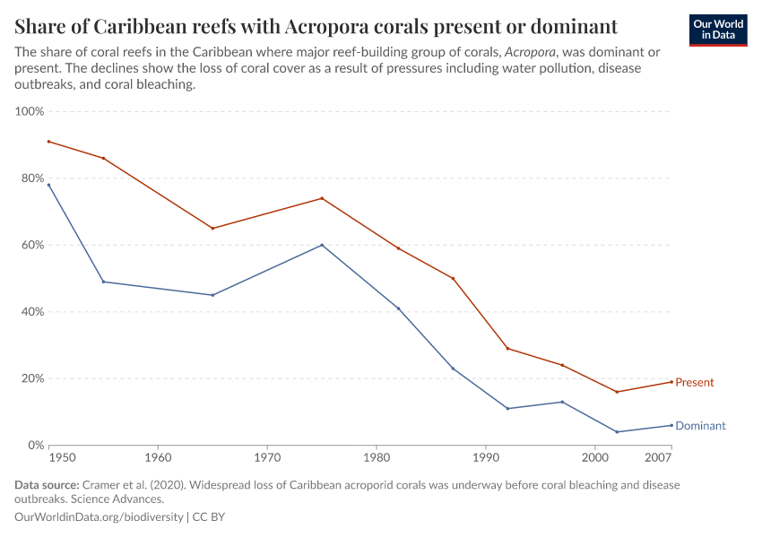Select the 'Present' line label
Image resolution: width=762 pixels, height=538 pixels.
click(x=694, y=383)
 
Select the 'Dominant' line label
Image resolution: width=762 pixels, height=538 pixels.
click(x=700, y=426)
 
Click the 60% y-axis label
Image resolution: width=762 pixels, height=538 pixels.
click(x=32, y=245)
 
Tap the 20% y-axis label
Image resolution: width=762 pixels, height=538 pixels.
click(x=32, y=378)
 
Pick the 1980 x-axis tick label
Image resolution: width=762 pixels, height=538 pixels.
click(x=376, y=457)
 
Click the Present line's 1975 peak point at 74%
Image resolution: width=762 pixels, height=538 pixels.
click(x=322, y=198)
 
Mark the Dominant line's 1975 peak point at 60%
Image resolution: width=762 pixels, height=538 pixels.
click(x=322, y=245)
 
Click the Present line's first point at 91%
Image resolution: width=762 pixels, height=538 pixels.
click(x=49, y=142)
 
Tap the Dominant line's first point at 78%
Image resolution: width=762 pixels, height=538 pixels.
click(x=49, y=185)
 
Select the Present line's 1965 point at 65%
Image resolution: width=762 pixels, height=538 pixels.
click(x=212, y=229)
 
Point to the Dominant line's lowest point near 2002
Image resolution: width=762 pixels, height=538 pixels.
click(x=617, y=432)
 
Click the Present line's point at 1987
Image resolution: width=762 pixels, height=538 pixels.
click(x=453, y=278)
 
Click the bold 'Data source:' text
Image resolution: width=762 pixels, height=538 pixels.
click(x=46, y=485)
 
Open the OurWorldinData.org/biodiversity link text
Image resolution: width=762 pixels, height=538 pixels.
click(x=100, y=517)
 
